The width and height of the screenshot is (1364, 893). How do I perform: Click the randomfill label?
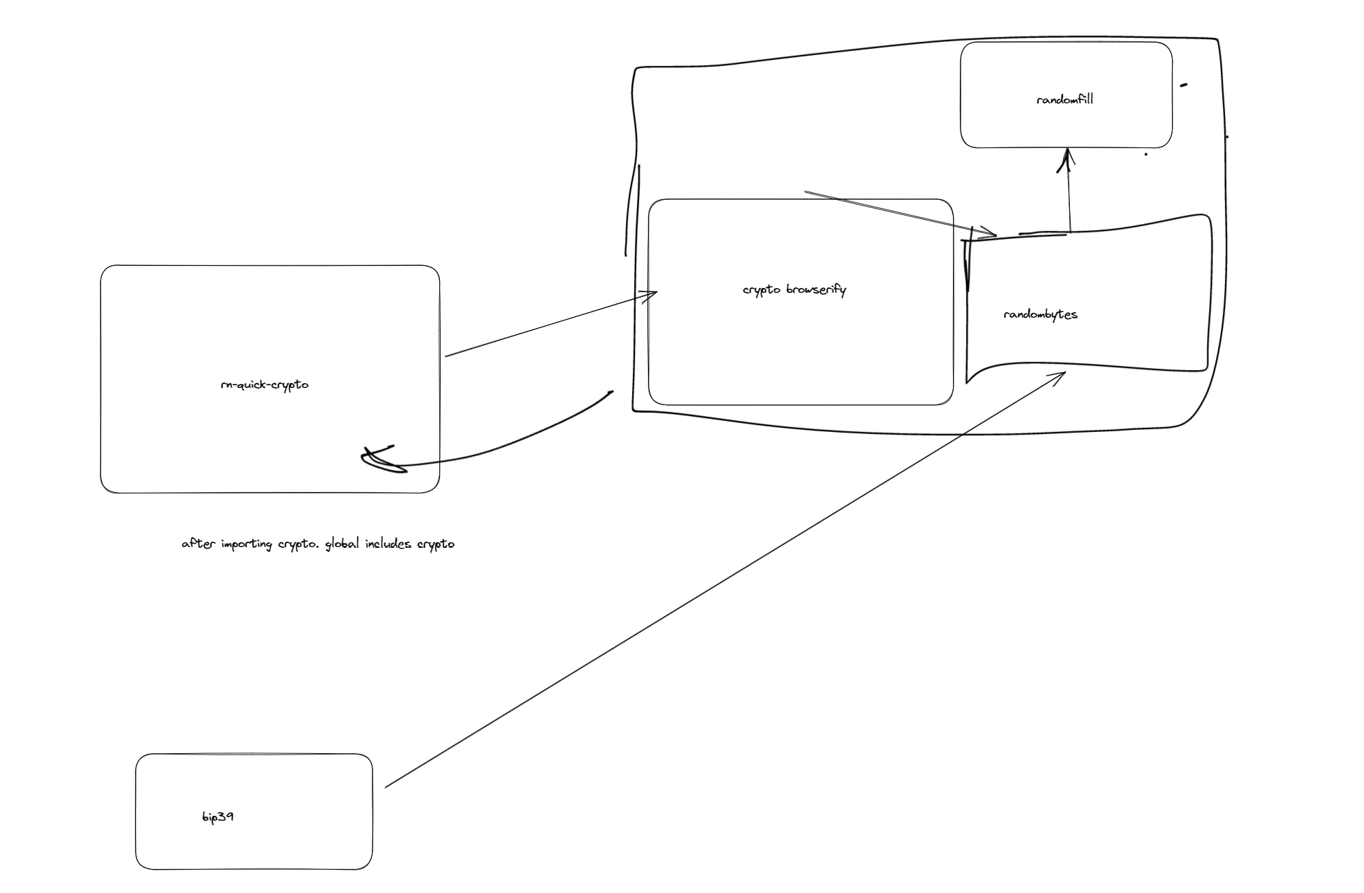coord(1064,99)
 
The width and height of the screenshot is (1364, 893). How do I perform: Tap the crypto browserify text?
coord(794,290)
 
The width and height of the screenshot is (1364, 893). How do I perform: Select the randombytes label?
coord(1040,315)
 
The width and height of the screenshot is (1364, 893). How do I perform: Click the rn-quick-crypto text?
coord(264,385)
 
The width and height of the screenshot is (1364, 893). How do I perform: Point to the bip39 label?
coord(218,817)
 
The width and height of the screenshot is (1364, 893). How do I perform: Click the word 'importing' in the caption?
coord(246,544)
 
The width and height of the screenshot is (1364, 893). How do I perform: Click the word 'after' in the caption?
coord(198,544)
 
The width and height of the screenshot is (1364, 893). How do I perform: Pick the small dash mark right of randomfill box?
coord(1184,85)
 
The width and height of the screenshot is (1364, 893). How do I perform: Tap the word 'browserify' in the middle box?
coord(816,290)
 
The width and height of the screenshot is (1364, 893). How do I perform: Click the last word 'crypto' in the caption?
coord(436,544)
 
